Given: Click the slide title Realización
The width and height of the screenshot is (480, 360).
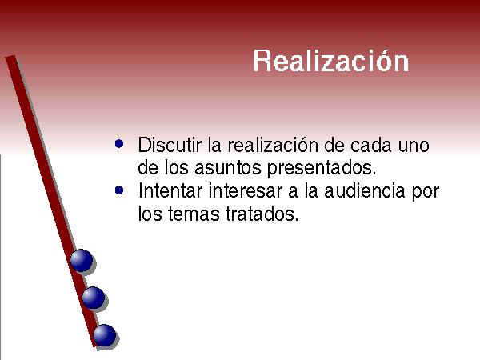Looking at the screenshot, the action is click(331, 61).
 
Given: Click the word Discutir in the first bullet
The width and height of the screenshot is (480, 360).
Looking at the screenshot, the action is click(170, 145).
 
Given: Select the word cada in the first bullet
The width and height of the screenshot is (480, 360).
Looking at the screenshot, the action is click(371, 145).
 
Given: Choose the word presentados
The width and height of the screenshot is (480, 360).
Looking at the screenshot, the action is click(322, 168).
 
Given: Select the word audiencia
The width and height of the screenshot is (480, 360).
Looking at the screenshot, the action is click(365, 190).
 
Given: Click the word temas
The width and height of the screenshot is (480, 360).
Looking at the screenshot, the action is click(194, 214).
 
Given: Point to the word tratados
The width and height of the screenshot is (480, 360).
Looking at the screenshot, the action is click(262, 214).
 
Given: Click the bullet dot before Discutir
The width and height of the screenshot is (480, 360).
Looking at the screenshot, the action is click(119, 143).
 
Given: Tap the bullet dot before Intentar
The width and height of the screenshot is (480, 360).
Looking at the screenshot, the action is click(119, 190).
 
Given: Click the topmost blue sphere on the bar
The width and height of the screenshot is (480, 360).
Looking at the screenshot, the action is click(82, 260).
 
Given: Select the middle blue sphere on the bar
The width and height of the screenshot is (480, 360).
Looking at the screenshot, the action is click(94, 298).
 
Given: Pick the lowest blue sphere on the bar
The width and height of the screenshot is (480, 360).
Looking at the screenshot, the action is click(105, 335).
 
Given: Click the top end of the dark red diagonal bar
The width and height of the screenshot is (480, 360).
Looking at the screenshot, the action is click(10, 57).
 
